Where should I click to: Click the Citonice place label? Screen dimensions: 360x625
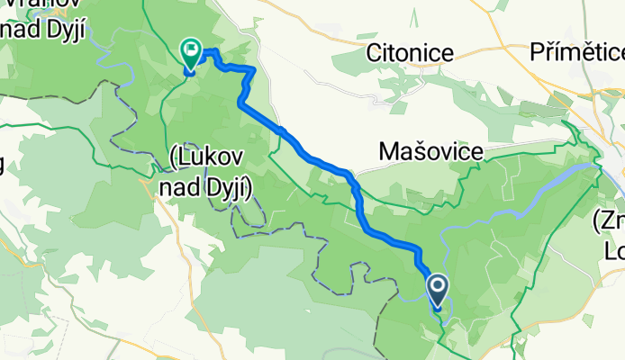pyautogui.click(x=409, y=53)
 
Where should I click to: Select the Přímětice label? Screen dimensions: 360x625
pyautogui.click(x=576, y=51)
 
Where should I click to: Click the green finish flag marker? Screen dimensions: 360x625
pyautogui.click(x=191, y=54)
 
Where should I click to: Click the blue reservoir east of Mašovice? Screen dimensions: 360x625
pyautogui.click(x=558, y=185)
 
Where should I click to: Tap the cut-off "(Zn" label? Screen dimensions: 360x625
pyautogui.click(x=610, y=219)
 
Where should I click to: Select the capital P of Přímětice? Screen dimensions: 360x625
pyautogui.click(x=539, y=51)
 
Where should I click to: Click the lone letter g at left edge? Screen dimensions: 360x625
pyautogui.click(x=3, y=165)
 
